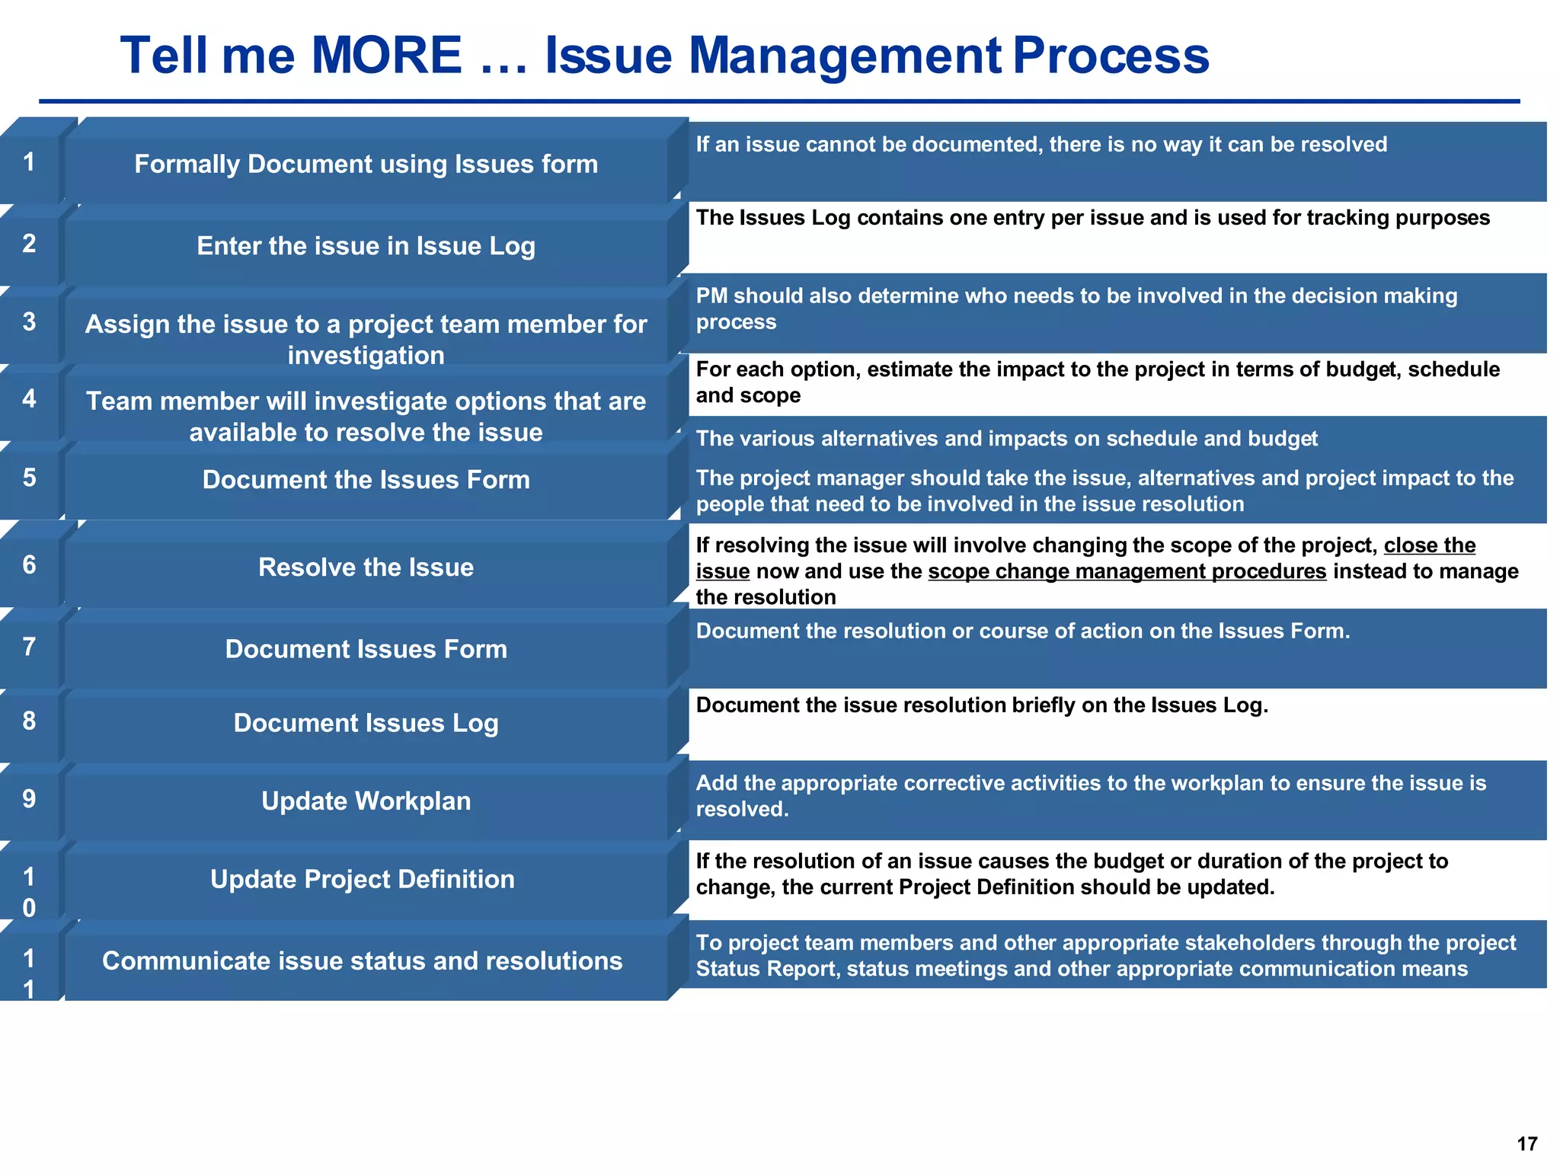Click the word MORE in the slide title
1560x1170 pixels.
point(386,56)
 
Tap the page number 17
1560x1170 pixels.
point(1526,1143)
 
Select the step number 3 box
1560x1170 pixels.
point(29,322)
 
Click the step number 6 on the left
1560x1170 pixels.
point(29,565)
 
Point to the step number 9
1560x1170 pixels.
point(29,799)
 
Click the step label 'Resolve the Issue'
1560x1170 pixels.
point(366,567)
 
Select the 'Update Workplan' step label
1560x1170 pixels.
point(366,801)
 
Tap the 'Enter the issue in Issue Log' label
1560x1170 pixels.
point(366,246)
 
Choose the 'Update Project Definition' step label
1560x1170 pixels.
point(363,879)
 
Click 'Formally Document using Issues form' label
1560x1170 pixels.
point(366,165)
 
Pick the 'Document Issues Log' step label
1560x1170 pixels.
point(366,723)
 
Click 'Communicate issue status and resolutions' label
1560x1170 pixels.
point(363,961)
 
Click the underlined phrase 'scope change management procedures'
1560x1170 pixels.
point(1127,571)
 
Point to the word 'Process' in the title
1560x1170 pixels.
point(1111,56)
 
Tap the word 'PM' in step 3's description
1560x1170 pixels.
point(711,296)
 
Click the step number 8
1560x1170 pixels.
point(29,721)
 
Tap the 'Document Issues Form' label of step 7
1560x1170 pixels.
point(366,649)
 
